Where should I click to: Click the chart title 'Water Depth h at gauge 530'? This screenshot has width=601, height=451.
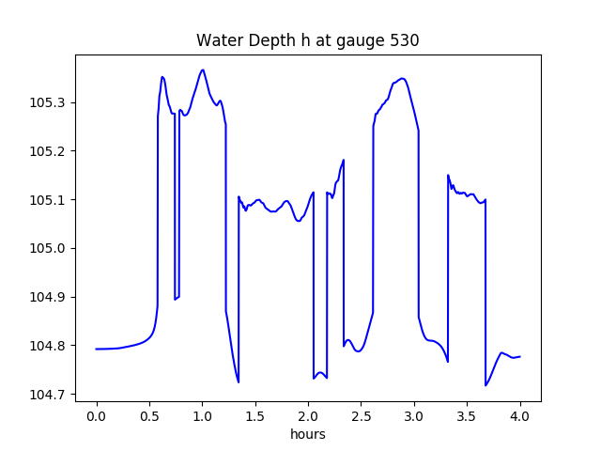pos(307,41)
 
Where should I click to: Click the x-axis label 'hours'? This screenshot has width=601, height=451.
pos(308,435)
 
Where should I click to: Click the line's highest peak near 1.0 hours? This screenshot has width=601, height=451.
pos(203,70)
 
